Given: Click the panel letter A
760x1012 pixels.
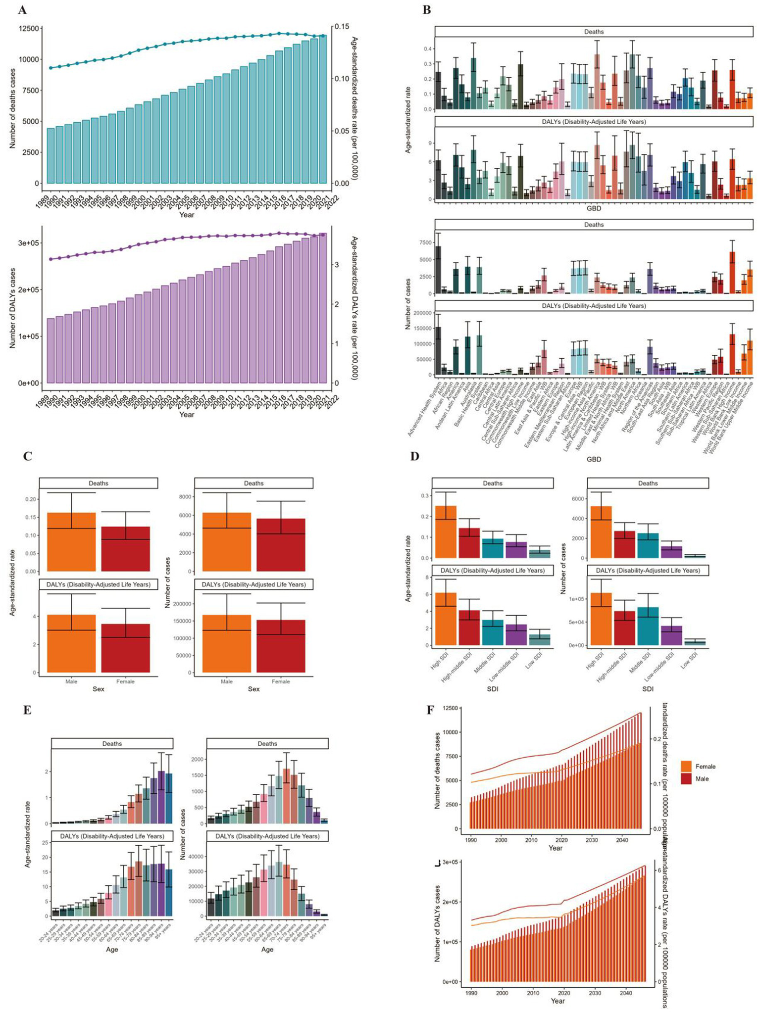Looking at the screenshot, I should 22,9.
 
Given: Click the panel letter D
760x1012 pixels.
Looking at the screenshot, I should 414,456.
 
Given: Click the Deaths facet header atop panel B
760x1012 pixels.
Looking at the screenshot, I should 593,32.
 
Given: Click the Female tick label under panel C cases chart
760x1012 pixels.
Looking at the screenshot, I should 280,681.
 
